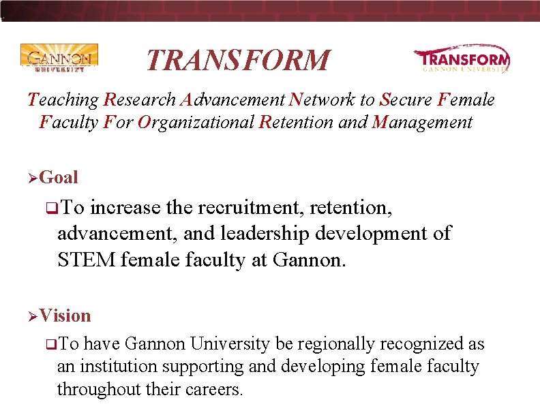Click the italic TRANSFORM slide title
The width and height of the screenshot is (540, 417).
tap(237, 60)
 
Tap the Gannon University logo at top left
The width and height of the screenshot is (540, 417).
tap(59, 58)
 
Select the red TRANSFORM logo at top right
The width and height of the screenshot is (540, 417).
tap(462, 59)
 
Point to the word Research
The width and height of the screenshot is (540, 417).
tap(140, 100)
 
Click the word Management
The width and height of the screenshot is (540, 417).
tap(421, 123)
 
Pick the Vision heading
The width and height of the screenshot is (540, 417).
tap(65, 315)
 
